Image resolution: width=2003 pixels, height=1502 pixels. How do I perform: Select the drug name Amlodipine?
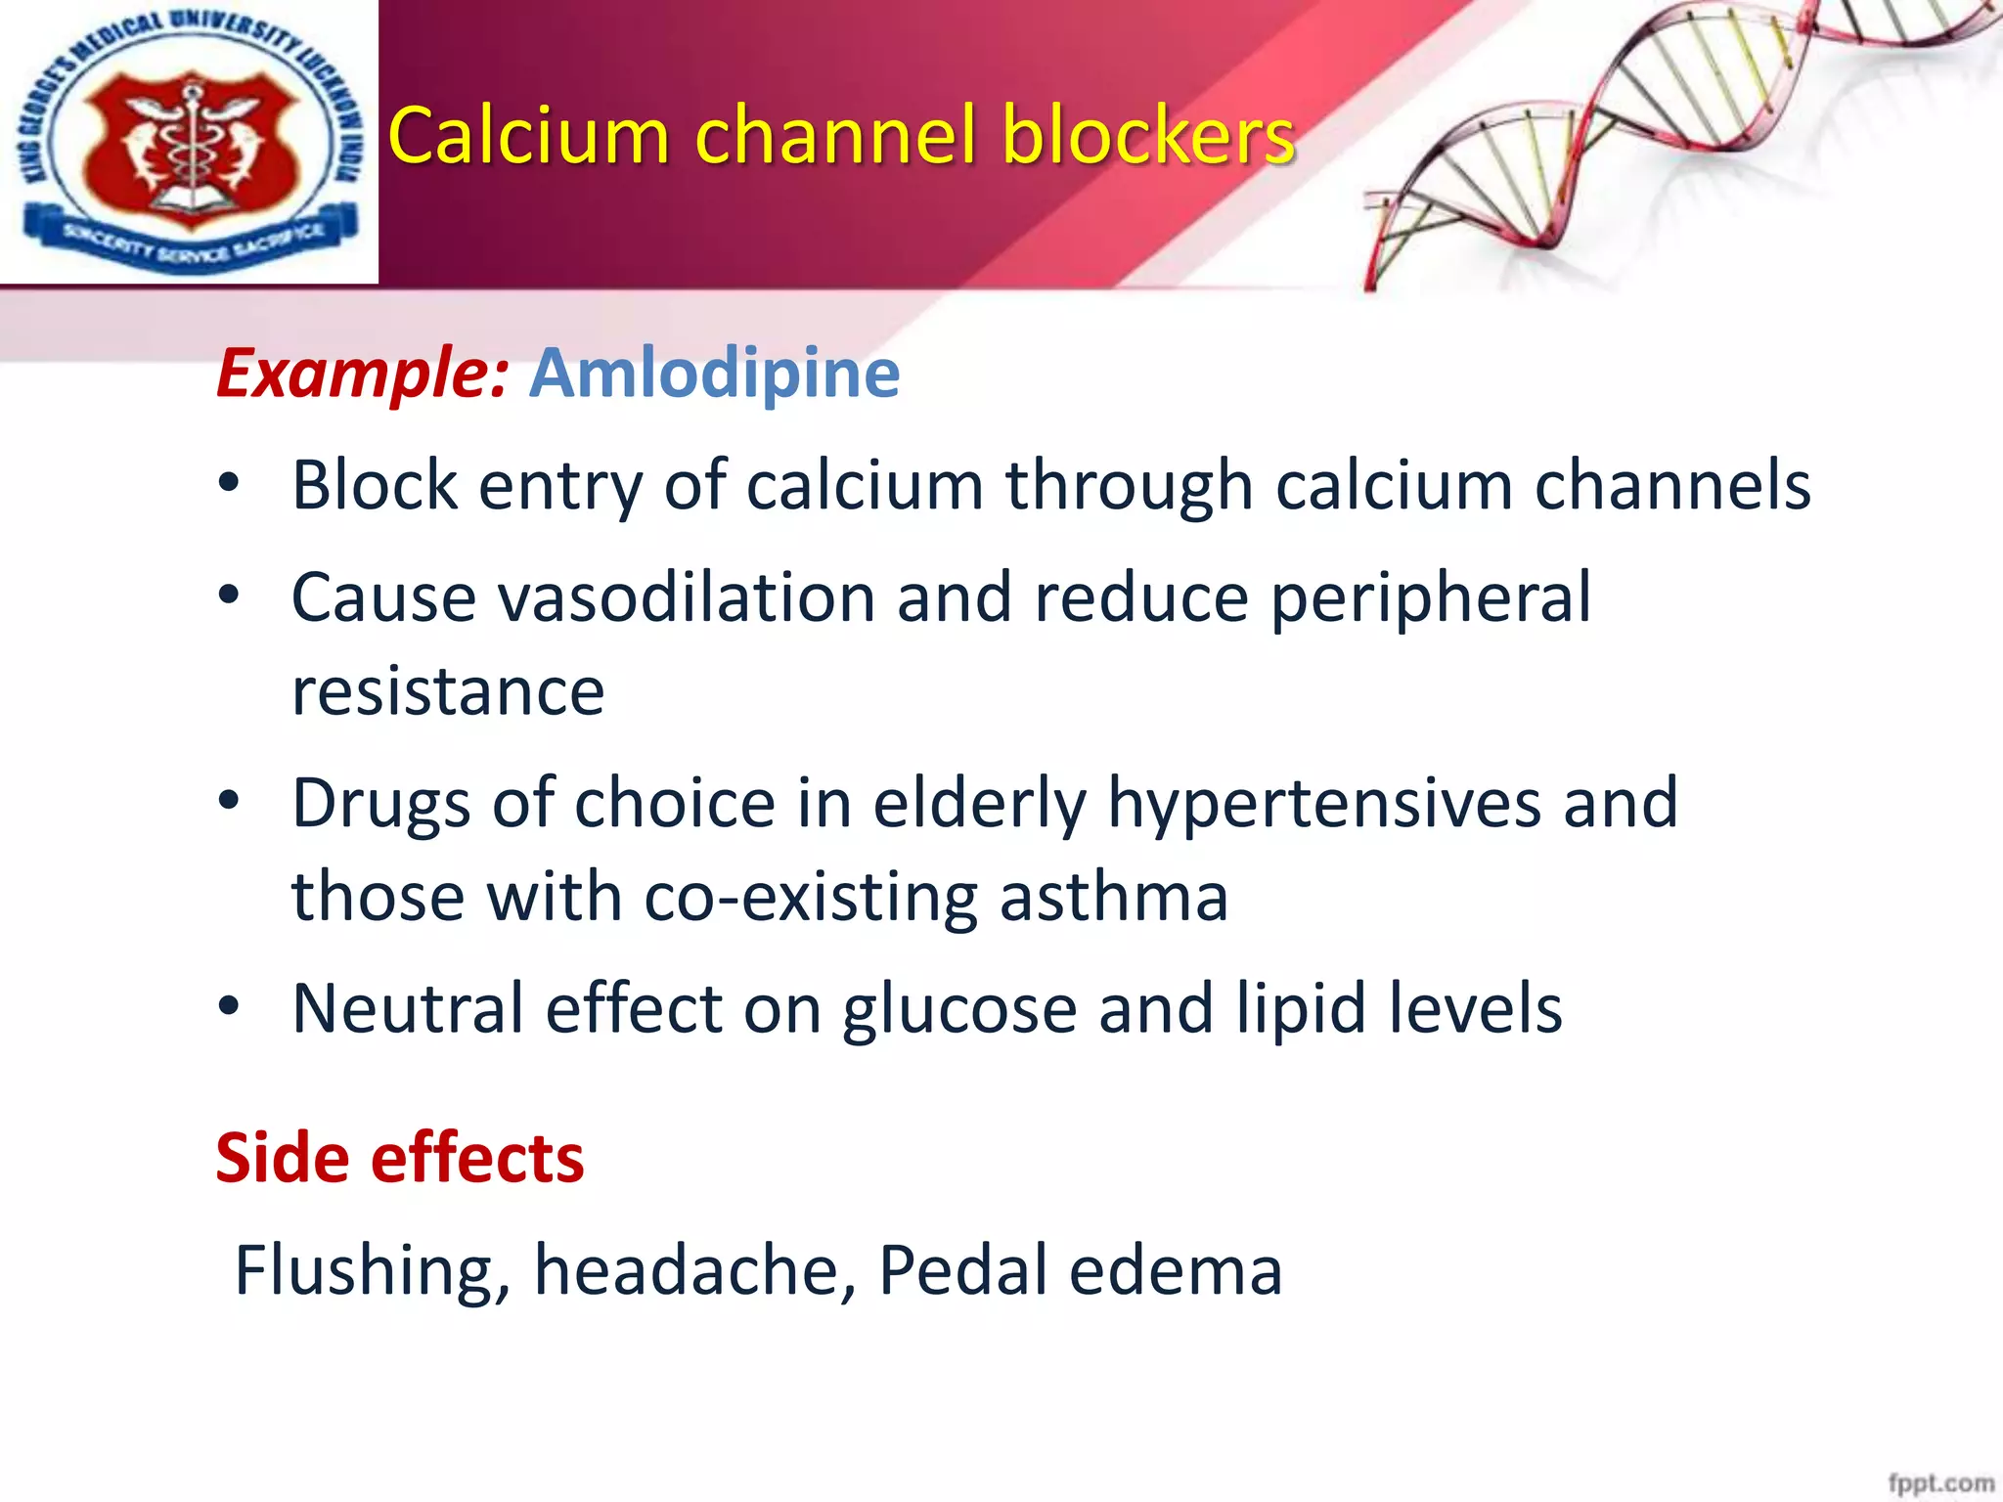point(714,373)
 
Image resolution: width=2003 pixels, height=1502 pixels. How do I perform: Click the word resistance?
point(448,691)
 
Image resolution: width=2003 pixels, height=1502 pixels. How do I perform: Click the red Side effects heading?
point(399,1158)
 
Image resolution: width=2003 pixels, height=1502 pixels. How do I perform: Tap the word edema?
point(1175,1270)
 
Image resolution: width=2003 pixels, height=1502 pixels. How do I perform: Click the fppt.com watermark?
point(1940,1482)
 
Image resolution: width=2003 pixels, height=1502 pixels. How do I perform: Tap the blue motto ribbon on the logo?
point(191,240)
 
